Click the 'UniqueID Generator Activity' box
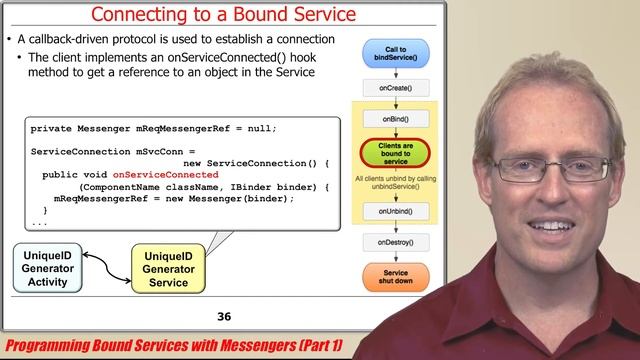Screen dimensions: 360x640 click(47, 268)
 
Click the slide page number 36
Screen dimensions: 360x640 click(224, 317)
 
